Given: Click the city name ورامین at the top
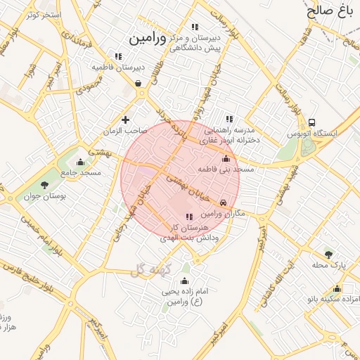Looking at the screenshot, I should (146, 39).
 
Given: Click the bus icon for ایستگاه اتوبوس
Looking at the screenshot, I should (311, 122).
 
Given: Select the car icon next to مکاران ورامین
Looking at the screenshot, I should (224, 202).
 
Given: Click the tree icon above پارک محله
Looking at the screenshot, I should (328, 254).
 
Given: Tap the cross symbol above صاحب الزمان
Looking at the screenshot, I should (126, 120).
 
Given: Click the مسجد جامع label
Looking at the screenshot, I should (81, 172).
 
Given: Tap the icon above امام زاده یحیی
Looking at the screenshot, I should (185, 281).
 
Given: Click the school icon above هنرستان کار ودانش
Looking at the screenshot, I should (188, 217).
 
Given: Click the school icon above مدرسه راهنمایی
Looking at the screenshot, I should (229, 120).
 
